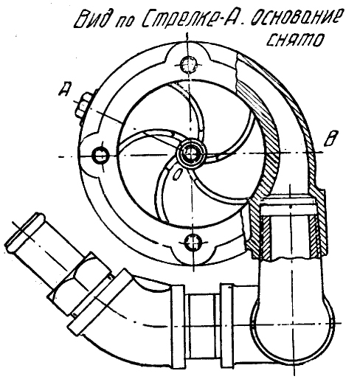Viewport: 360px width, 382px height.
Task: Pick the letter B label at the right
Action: (x=330, y=138)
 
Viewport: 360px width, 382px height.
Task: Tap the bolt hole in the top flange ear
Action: (x=189, y=64)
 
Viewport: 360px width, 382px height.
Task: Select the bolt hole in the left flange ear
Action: (x=100, y=155)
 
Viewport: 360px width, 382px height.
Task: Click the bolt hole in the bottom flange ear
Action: (x=193, y=243)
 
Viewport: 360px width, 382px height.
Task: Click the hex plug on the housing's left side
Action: (x=83, y=105)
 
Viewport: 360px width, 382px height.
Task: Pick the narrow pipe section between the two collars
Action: (x=202, y=327)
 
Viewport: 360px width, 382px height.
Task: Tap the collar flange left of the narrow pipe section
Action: (x=177, y=327)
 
